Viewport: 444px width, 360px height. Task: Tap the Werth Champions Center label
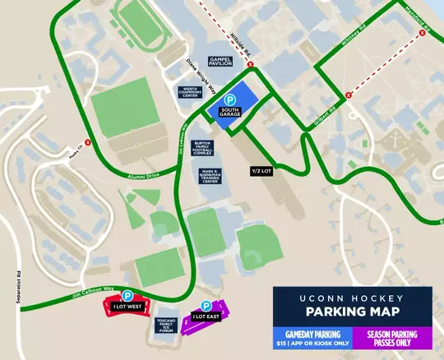(192, 92)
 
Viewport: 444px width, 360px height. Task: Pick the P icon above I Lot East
(207, 305)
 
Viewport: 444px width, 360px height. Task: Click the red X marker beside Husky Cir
(87, 142)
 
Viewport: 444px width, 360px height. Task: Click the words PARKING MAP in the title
(352, 312)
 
